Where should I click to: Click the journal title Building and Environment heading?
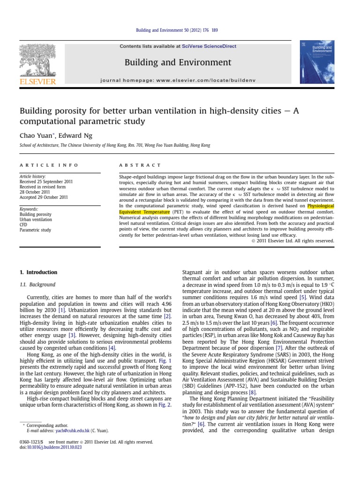[x=178, y=62]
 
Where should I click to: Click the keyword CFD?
[x=24, y=225]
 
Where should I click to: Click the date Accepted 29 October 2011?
[x=44, y=197]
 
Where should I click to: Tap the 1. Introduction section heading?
[x=38, y=272]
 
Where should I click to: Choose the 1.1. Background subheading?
[x=37, y=285]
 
